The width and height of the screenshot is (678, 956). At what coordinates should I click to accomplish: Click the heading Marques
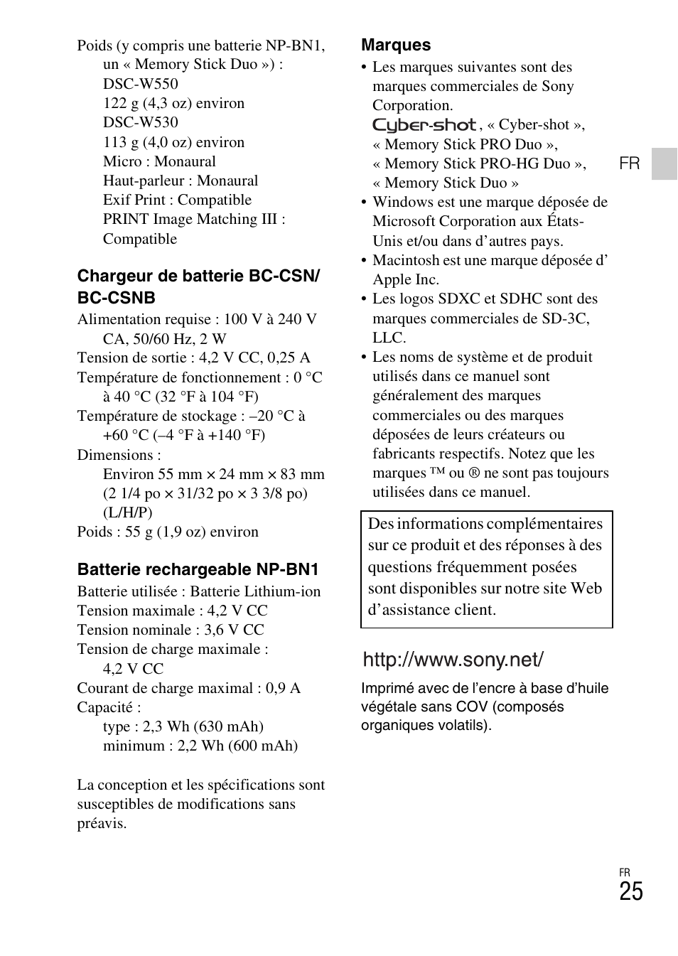click(396, 45)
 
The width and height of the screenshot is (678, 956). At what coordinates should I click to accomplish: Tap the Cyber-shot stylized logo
click(424, 125)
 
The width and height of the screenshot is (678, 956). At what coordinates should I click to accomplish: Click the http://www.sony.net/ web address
click(453, 660)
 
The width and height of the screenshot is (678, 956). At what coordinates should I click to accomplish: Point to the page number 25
click(630, 892)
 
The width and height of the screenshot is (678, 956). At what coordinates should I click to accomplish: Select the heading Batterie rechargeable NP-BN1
click(198, 569)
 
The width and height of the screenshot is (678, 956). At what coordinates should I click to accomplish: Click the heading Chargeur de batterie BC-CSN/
click(198, 276)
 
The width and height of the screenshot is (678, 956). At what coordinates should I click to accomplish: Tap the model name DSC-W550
click(140, 84)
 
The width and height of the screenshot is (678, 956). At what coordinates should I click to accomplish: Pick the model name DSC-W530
click(140, 122)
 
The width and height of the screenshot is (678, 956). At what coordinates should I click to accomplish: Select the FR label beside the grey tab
click(629, 163)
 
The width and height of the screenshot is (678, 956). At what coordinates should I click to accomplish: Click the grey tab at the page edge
click(664, 163)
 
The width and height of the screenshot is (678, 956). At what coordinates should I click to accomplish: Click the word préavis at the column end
click(102, 823)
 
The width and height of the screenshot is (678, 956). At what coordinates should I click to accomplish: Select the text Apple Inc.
click(406, 279)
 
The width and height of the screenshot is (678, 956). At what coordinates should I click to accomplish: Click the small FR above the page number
click(624, 872)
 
